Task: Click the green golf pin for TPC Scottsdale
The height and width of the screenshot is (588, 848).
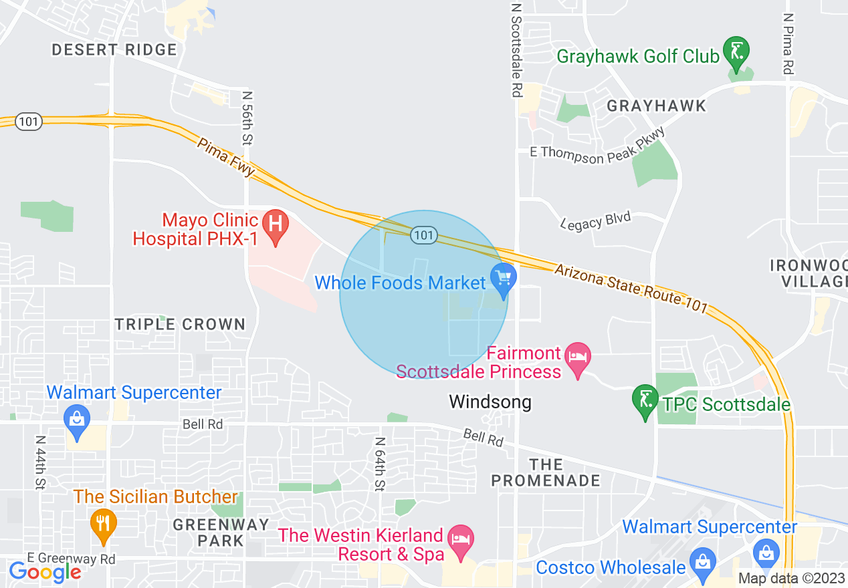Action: [x=645, y=400]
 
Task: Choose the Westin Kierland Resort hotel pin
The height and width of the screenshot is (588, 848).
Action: [x=459, y=538]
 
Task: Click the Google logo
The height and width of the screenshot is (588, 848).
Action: [x=45, y=572]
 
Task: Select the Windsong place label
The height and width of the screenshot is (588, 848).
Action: [x=490, y=402]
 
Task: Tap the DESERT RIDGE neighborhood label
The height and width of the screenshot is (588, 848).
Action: [x=114, y=49]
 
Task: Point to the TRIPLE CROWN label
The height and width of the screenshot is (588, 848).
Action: [x=181, y=325]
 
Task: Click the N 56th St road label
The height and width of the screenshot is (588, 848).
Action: [x=247, y=118]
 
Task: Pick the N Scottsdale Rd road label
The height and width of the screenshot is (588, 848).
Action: [x=516, y=50]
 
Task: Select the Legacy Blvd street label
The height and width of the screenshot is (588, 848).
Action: [x=595, y=222]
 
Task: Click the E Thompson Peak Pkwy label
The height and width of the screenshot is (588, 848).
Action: [x=597, y=147]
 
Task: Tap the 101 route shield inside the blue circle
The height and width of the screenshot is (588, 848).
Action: [x=425, y=235]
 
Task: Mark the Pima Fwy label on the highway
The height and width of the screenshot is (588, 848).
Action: [x=225, y=156]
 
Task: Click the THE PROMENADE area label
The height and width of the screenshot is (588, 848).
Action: [x=546, y=472]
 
